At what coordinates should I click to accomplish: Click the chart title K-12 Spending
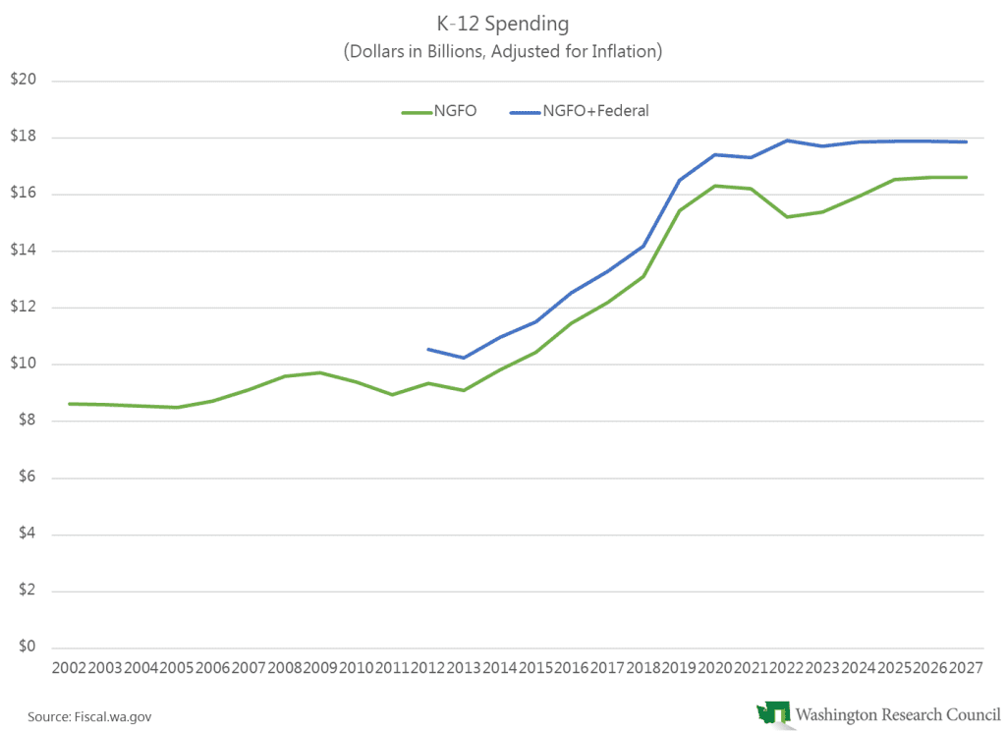(x=502, y=22)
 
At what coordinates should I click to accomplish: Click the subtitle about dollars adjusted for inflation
(x=502, y=51)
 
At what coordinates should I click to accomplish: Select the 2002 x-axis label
(x=69, y=668)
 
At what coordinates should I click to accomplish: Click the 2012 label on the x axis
(x=427, y=668)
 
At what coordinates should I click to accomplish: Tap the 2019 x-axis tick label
(x=679, y=668)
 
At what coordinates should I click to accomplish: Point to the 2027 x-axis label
(x=966, y=668)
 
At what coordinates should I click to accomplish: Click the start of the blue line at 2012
(x=427, y=349)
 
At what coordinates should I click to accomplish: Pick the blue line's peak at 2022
(x=787, y=140)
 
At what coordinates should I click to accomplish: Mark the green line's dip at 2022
(x=787, y=216)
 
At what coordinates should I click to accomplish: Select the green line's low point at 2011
(x=392, y=394)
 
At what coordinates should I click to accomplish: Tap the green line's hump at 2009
(x=320, y=372)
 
